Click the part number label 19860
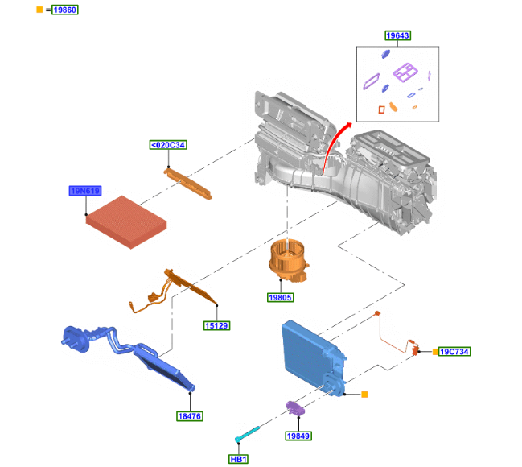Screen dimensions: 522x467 [65, 10]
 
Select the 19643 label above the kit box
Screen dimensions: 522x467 [398, 35]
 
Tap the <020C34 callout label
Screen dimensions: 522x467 [168, 145]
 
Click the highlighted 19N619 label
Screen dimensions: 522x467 [85, 191]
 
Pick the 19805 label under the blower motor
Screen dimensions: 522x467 [281, 297]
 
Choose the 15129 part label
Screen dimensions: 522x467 [216, 325]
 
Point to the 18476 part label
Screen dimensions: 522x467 [190, 416]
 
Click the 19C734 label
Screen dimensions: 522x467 [454, 351]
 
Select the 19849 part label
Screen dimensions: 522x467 [298, 436]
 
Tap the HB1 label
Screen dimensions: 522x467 [239, 459]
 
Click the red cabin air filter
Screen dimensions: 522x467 [125, 221]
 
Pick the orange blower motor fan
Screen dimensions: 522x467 [288, 260]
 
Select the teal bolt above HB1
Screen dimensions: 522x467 [247, 434]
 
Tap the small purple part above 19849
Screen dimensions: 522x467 [295, 408]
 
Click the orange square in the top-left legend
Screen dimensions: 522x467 [39, 10]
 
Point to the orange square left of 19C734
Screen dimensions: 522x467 [435, 351]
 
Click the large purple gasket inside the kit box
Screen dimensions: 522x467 [405, 72]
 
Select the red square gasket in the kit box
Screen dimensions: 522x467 [381, 109]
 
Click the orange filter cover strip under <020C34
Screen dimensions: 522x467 [187, 184]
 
